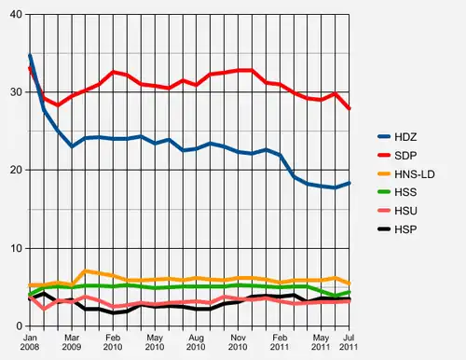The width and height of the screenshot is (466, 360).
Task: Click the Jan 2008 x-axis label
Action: [x=30, y=342]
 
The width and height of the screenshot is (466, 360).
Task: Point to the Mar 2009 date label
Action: [x=72, y=342]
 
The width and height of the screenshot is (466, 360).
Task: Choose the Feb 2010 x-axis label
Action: [x=114, y=342]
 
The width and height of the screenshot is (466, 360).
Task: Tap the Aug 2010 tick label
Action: [x=197, y=342]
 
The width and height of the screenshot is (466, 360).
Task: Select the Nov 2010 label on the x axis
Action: [x=239, y=342]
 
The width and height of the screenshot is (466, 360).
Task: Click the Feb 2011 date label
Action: [x=280, y=342]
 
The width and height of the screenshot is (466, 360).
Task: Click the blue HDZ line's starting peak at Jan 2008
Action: [x=30, y=55]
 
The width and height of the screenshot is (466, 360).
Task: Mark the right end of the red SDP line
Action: [x=349, y=109]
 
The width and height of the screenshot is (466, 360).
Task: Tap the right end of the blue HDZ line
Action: [x=349, y=183]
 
